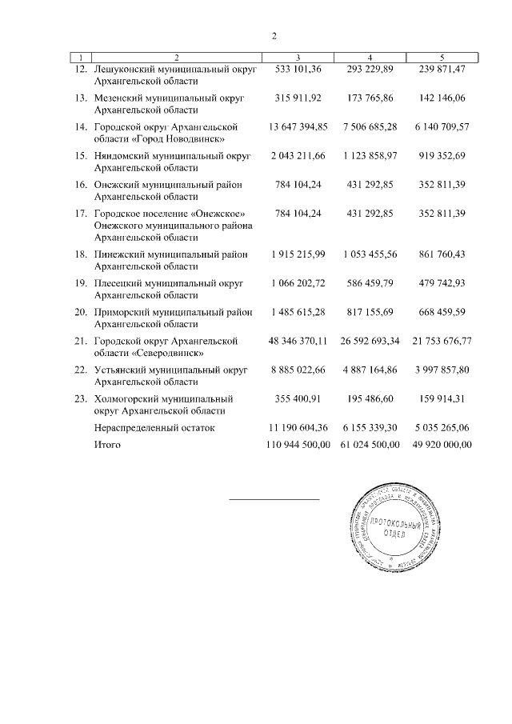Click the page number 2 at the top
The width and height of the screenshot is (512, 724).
(274, 36)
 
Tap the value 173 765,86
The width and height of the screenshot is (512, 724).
(370, 98)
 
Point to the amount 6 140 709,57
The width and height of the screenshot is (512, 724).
(442, 127)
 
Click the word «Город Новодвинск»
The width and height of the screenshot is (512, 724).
(170, 138)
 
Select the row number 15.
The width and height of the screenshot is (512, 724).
(80, 156)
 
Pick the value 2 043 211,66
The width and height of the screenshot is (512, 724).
(298, 156)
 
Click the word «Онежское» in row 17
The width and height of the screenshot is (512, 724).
(214, 214)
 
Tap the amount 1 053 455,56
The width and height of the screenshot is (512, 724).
(370, 254)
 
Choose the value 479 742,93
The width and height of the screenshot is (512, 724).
(442, 283)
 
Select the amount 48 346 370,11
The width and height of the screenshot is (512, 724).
(298, 341)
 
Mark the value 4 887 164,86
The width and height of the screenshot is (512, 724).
(370, 370)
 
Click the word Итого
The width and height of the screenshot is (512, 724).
(107, 444)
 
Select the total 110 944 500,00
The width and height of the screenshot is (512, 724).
(298, 444)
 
